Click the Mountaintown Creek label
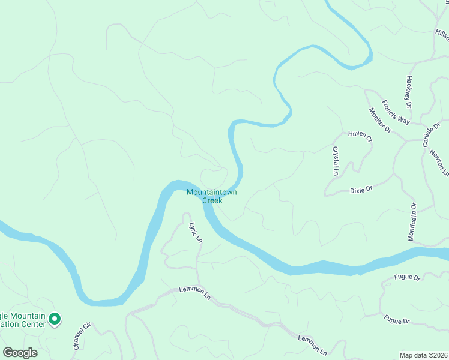211,196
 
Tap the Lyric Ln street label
196,232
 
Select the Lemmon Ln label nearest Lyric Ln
195,293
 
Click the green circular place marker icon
55,319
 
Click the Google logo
20,352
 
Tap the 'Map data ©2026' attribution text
423,355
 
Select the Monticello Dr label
412,221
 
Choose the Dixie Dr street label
361,189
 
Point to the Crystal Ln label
336,161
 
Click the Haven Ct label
360,136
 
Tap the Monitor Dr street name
379,120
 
